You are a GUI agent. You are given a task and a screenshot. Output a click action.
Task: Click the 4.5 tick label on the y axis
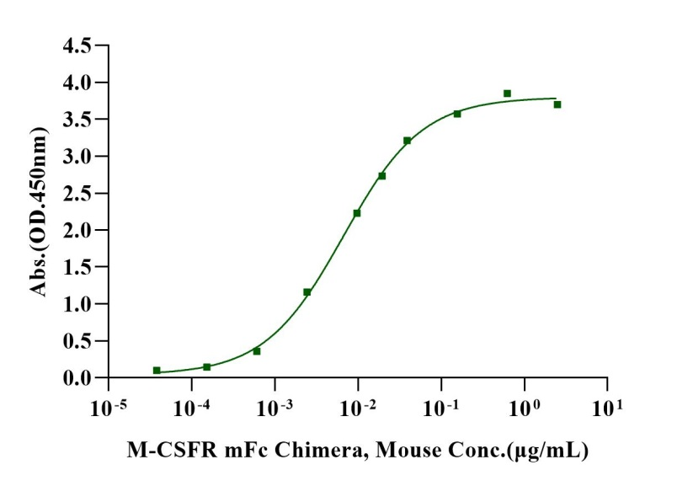point(77,45)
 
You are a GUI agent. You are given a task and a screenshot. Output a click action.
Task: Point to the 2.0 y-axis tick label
point(77,230)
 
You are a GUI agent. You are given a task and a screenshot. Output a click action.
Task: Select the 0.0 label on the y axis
point(77,378)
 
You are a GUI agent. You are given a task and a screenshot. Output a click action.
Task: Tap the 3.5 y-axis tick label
point(77,120)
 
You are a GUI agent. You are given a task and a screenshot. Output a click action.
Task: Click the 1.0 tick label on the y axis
point(77,304)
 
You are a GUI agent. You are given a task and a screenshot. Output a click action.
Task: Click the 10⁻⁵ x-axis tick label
point(109,407)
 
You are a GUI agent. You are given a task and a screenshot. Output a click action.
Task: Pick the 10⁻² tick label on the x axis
point(358,407)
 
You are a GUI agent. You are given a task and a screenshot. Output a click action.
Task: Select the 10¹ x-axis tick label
point(606,407)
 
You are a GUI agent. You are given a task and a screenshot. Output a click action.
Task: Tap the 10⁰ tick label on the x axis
point(524,407)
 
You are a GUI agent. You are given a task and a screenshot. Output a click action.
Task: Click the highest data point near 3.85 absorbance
point(507,93)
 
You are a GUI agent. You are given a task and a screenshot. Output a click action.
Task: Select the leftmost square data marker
point(157,371)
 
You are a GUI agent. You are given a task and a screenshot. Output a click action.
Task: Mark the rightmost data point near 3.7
point(557,104)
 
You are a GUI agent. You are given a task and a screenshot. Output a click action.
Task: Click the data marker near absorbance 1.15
point(307,292)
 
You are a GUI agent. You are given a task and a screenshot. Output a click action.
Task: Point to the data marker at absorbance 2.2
point(357,213)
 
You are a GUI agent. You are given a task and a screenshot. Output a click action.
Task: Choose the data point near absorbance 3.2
point(408,141)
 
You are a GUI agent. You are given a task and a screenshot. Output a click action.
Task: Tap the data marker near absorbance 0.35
point(257,351)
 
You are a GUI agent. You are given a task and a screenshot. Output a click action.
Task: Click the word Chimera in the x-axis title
point(321,451)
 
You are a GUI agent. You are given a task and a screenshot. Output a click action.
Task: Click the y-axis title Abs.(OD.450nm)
point(39,211)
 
